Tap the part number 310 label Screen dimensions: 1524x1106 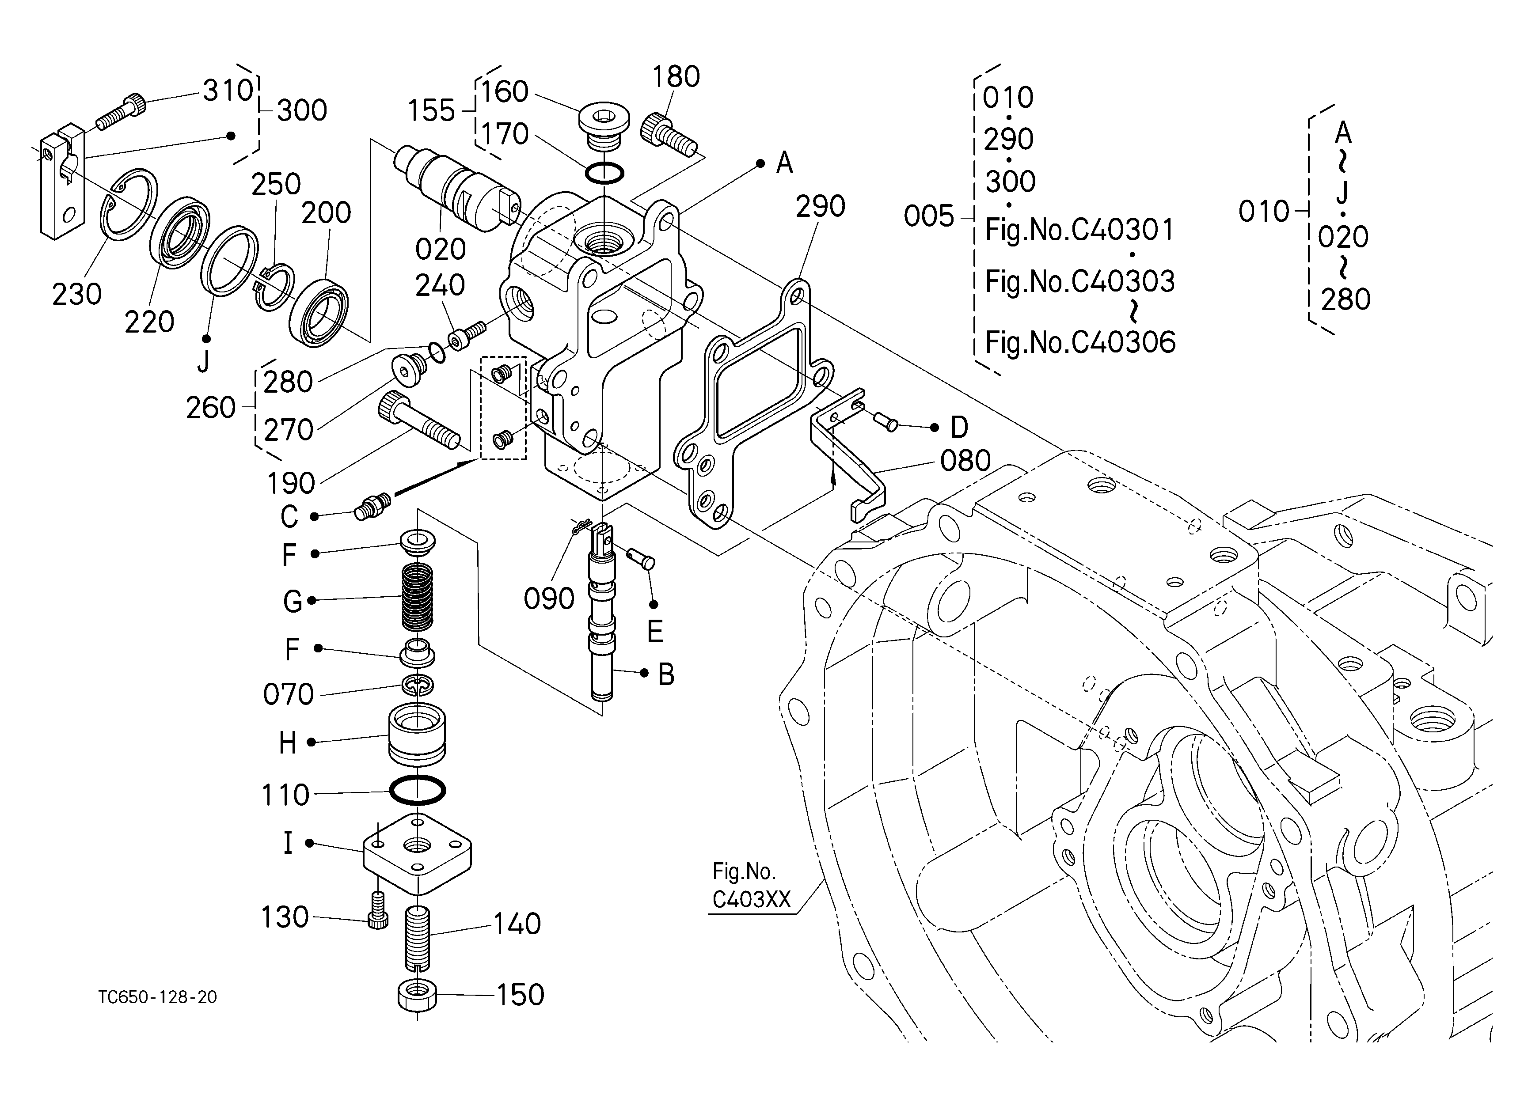coord(228,90)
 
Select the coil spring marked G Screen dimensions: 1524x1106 coord(417,597)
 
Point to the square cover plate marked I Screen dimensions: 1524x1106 coord(417,853)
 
